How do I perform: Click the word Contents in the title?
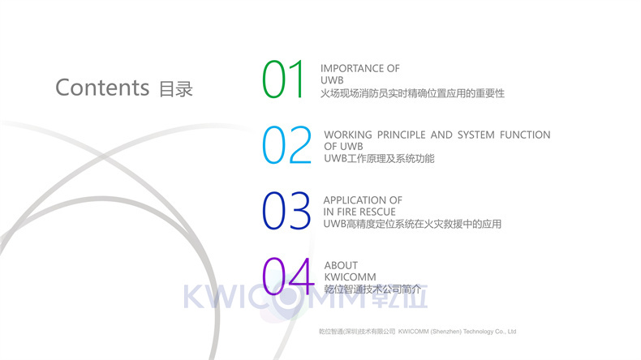point(102,88)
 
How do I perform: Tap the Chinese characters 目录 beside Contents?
point(176,89)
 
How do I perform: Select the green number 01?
point(283,79)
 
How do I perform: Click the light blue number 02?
point(286,145)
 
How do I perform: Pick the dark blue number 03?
point(286,211)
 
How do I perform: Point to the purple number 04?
point(288,276)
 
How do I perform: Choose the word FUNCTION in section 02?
point(525,135)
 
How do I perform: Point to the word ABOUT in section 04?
point(341,265)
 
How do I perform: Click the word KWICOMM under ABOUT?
point(350,277)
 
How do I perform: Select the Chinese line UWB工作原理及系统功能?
point(379,159)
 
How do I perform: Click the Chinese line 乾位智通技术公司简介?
point(372,289)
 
